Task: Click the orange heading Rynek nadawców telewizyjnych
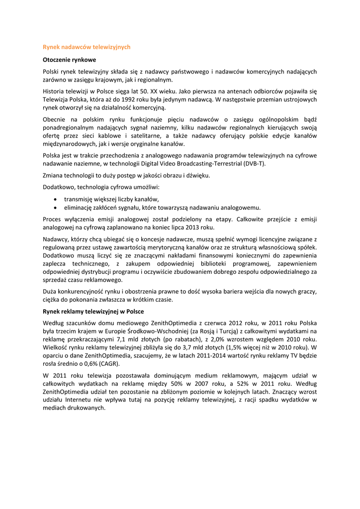pos(87,47)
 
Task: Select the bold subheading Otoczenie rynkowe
pos(69,60)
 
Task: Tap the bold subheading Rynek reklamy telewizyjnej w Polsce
pos(93,311)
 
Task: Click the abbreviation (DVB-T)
pos(259,164)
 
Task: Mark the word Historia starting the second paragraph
pos(54,91)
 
